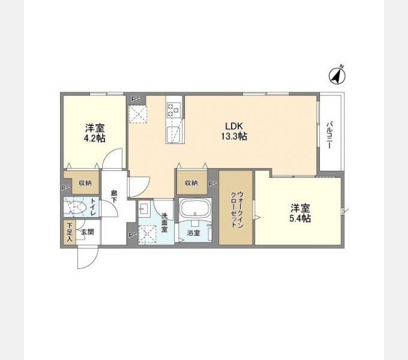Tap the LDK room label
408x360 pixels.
pos(233,126)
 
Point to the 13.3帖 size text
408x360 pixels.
pos(233,136)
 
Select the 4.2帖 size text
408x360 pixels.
pos(94,139)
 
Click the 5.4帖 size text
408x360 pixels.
pos(300,218)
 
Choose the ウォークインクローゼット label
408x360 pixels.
pos(236,208)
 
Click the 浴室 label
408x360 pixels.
pos(193,232)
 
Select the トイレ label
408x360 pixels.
pos(92,208)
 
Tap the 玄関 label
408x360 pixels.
pos(88,230)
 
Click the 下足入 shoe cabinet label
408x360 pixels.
pos(69,232)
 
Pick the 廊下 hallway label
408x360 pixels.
pos(113,198)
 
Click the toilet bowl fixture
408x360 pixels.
pos(76,208)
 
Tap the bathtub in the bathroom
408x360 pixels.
pos(194,211)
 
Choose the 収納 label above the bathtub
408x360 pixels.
pos(191,183)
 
